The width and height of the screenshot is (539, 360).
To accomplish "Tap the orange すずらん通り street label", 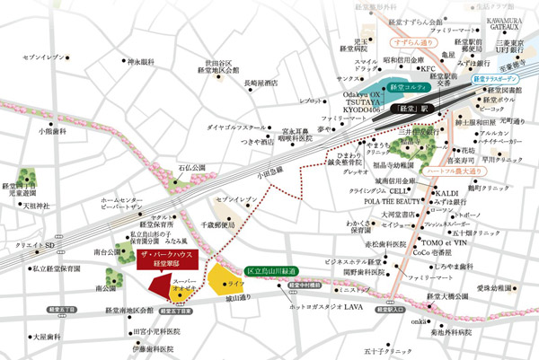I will (x=413, y=40).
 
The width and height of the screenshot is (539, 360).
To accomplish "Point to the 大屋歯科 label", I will (x=46, y=338).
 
